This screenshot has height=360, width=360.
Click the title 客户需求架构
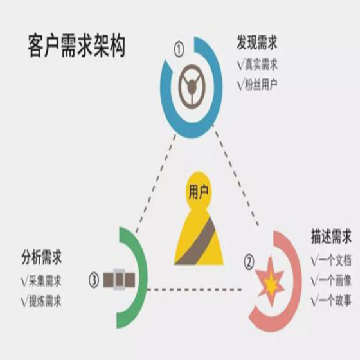pyautogui.click(x=76, y=46)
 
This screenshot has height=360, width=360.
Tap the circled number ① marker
pyautogui.click(x=179, y=50)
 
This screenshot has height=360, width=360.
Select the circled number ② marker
pyautogui.click(x=249, y=263)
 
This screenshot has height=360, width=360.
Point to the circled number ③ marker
pyautogui.click(x=94, y=280)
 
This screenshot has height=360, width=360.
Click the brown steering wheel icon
pyautogui.click(x=192, y=86)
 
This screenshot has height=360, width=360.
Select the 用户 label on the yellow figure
pyautogui.click(x=199, y=192)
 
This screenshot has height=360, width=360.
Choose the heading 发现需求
pyautogui.click(x=257, y=42)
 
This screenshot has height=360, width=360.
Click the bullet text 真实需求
pyautogui.click(x=261, y=64)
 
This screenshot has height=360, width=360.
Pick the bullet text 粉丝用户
pyautogui.click(x=261, y=84)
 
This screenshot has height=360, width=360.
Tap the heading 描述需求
pyautogui.click(x=331, y=236)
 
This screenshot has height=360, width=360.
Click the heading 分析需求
pyautogui.click(x=42, y=257)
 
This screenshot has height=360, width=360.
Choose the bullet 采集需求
pyautogui.click(x=45, y=281)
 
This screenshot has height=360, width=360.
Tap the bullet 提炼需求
pyautogui.click(x=45, y=301)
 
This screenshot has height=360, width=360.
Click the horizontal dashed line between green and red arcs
pyautogui.click(x=194, y=289)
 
